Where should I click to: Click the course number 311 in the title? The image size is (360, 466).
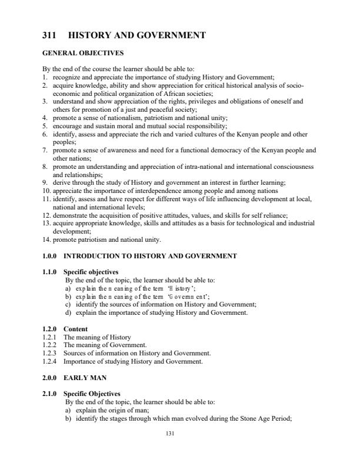tap(49, 35)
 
